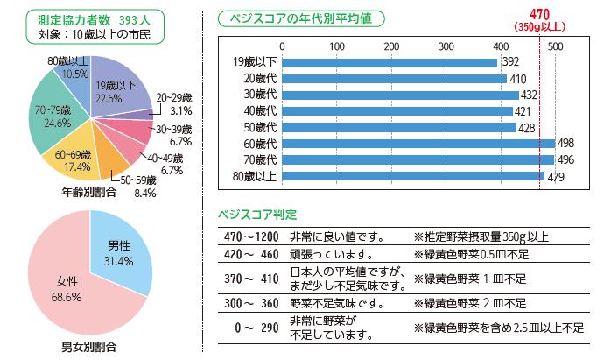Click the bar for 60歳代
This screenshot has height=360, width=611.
coord(418,144)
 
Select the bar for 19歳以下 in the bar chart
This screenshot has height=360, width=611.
coord(390,62)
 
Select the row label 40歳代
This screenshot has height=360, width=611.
coord(260,111)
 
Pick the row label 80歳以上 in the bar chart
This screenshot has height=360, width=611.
coord(256,177)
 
